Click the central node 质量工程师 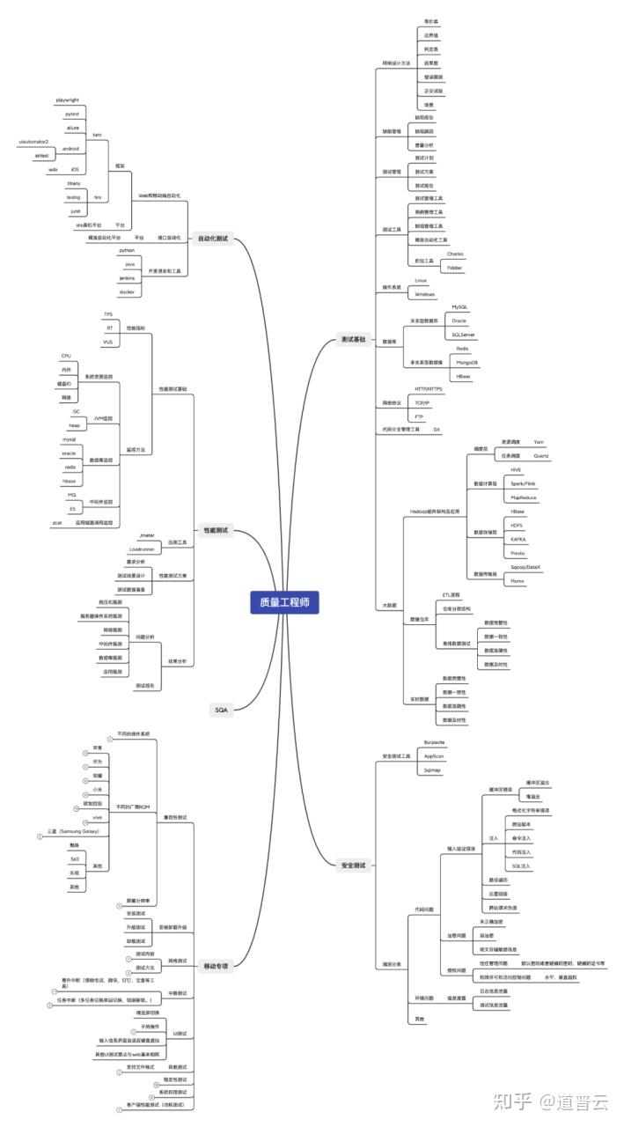(283, 603)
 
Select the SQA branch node (221, 709)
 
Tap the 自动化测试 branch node (213, 239)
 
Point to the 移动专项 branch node (216, 966)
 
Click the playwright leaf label (67, 100)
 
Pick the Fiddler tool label (455, 267)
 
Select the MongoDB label (466, 363)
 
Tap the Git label (436, 430)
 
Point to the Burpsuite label (435, 742)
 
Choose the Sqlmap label (431, 770)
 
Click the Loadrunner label (142, 549)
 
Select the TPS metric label (108, 313)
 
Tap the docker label (128, 291)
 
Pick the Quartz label (542, 456)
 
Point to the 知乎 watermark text (512, 1101)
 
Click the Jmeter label (147, 535)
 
